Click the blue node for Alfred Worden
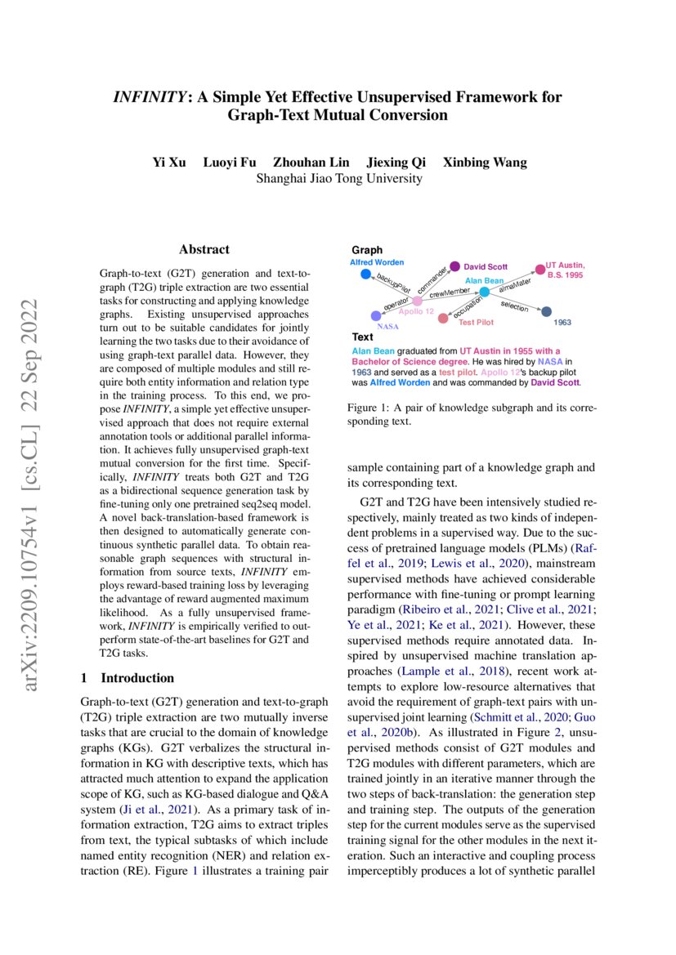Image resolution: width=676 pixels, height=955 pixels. point(365,274)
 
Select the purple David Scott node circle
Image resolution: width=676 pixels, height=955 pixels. point(455,266)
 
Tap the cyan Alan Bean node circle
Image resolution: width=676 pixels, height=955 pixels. point(484,292)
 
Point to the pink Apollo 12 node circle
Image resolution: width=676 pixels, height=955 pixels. point(417,301)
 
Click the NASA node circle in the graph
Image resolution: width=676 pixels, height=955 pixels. point(375,315)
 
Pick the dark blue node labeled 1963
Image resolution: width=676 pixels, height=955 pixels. point(547,311)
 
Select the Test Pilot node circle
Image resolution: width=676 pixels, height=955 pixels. point(443,318)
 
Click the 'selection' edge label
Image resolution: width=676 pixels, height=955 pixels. point(514,306)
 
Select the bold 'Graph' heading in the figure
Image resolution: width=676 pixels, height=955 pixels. point(367,250)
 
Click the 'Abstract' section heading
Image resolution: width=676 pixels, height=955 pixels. point(204,249)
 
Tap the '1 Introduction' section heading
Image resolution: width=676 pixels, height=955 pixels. point(128,678)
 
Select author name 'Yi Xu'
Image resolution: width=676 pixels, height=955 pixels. point(168,162)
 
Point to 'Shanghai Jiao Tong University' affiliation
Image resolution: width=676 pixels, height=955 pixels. point(339,178)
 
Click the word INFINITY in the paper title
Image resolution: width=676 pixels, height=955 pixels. point(150,97)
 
